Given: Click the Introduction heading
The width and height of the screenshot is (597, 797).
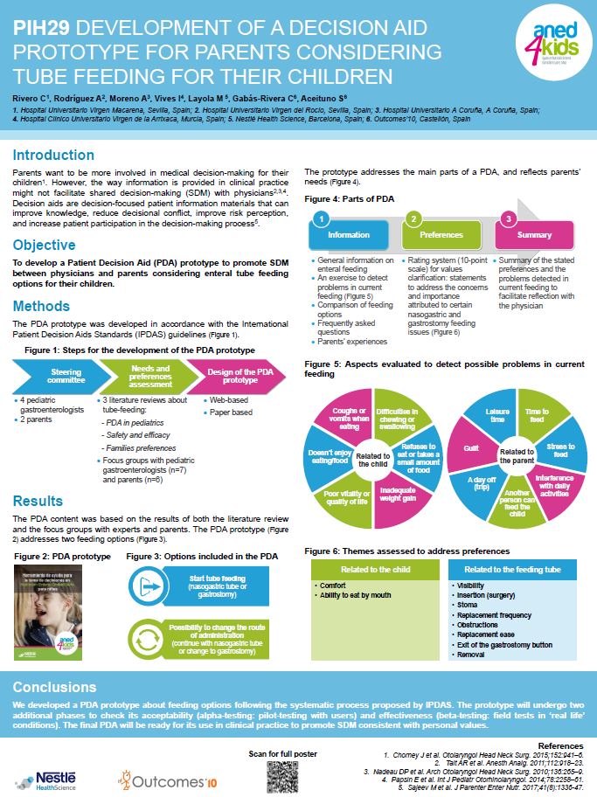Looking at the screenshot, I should [x=53, y=155].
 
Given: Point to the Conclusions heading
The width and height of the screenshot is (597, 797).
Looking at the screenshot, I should [x=54, y=686].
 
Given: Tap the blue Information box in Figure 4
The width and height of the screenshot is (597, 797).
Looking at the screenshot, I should [x=348, y=235].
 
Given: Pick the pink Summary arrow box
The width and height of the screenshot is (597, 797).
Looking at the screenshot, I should [x=531, y=235].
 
